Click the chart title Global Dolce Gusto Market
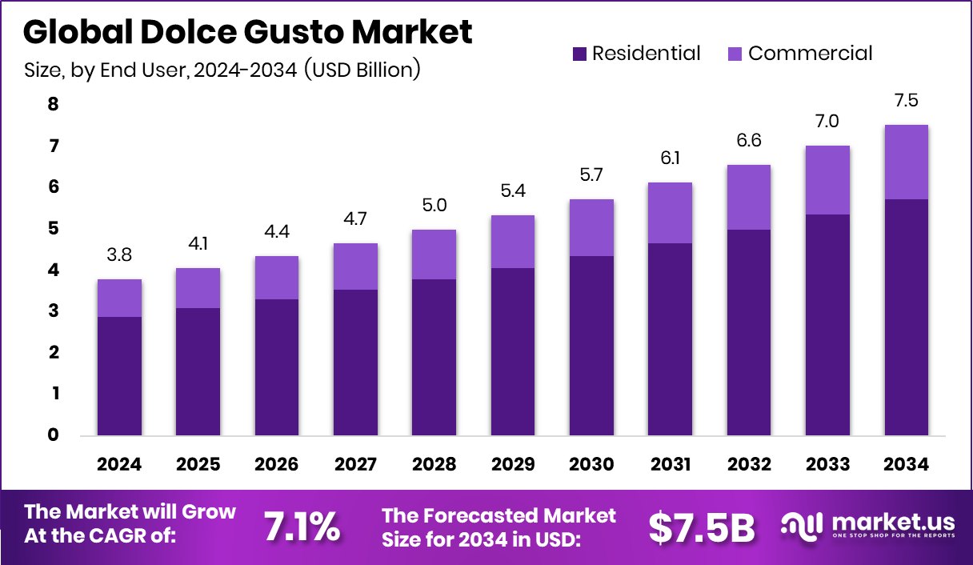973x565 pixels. pos(247,32)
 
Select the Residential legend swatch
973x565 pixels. pos(580,54)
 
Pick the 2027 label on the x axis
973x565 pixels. pos(355,465)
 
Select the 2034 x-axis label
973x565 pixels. pos(907,465)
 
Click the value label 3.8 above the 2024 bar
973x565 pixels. pos(119,255)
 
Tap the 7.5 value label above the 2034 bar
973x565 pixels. pos(907,101)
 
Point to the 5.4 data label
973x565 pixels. pos(513,191)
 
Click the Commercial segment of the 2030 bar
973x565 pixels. pos(591,227)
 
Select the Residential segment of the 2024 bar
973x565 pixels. pos(119,376)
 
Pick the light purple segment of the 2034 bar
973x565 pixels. pos(907,162)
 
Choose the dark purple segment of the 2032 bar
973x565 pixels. pos(749,332)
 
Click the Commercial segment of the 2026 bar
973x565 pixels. pos(277,278)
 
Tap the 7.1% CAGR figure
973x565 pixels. pos(302,527)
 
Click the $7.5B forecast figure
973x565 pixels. pos(701,527)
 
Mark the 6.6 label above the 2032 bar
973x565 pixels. pos(749,141)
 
